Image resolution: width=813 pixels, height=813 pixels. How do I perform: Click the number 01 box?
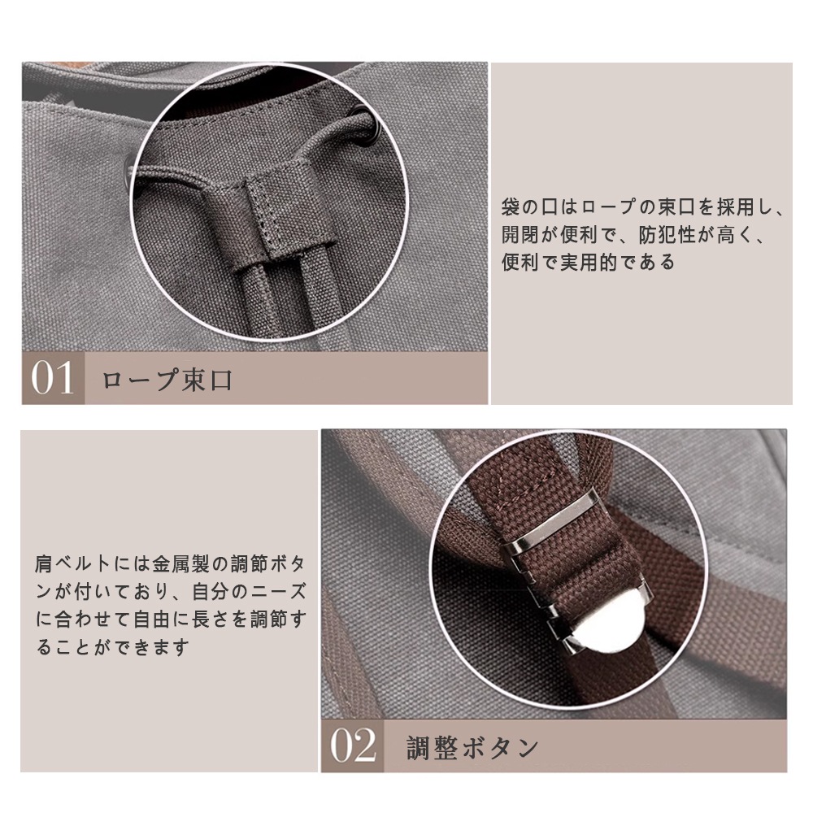pos(53,379)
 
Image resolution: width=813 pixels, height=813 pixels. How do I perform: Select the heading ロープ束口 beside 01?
pos(167,380)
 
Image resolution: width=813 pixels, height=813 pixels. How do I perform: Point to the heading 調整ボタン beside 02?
pos(472,746)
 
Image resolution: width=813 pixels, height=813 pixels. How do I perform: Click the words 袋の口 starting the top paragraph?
pos(528,207)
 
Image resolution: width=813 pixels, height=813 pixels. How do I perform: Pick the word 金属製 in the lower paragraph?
pos(194,562)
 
